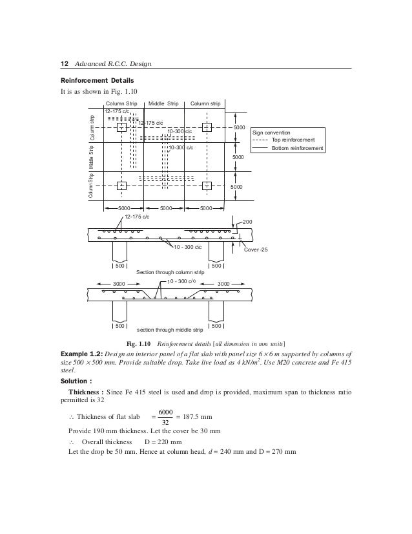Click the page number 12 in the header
64,63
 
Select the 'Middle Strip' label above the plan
163,103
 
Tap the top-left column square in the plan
121,127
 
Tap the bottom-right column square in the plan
207,186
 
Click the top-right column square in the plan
207,127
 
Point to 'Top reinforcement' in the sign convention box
293,139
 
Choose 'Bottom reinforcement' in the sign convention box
297,148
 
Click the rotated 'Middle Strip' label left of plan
92,158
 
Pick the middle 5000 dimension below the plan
164,208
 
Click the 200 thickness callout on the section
248,221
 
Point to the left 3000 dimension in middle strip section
119,284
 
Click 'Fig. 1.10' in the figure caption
144,343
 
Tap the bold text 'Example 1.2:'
80,356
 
